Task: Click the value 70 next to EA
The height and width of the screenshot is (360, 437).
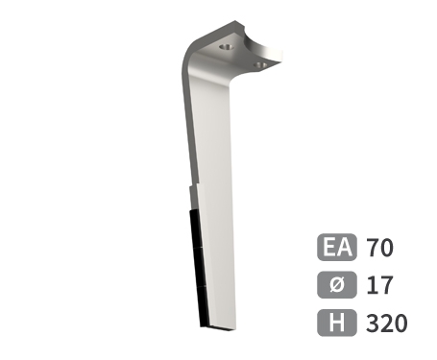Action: (x=379, y=248)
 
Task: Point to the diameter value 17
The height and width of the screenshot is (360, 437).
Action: (x=378, y=285)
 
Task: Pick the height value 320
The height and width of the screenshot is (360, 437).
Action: (x=386, y=323)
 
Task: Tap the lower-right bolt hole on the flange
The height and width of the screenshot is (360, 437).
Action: (x=259, y=64)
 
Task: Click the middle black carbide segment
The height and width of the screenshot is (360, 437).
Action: (x=197, y=269)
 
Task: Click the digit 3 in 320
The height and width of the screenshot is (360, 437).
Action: (x=373, y=323)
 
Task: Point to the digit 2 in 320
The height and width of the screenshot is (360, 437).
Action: (x=386, y=323)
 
